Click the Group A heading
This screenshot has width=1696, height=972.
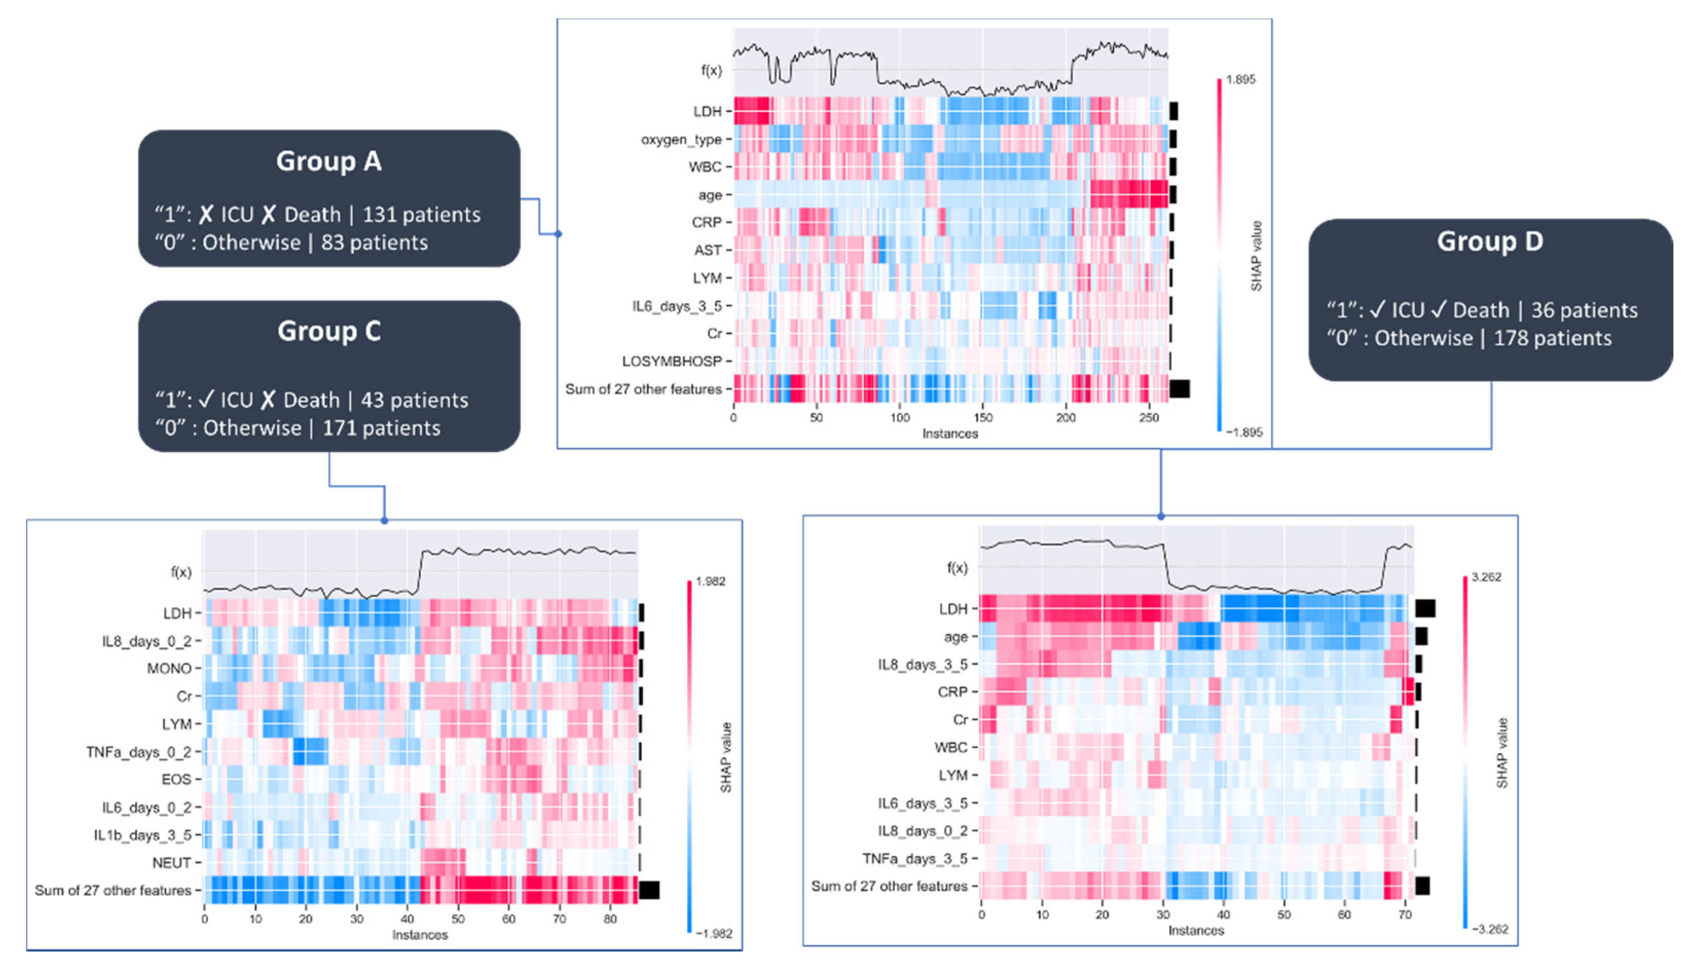(328, 161)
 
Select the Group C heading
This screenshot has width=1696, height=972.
(328, 332)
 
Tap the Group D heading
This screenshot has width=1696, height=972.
(1490, 241)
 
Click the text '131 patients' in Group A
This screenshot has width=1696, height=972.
(421, 215)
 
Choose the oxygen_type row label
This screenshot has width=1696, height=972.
(680, 140)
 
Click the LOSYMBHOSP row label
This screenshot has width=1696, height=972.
(672, 361)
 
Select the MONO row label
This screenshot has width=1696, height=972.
(169, 669)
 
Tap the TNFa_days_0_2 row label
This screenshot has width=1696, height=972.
(138, 752)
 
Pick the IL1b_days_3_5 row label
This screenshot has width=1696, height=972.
(142, 835)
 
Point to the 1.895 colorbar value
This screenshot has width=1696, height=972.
(1241, 80)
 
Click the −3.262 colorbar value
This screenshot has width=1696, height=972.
(1488, 929)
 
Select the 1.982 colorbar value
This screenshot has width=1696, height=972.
(710, 582)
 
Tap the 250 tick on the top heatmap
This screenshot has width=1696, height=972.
(1149, 418)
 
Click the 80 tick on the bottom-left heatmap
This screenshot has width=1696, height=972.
(610, 919)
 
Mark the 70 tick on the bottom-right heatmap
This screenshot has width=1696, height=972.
(1405, 914)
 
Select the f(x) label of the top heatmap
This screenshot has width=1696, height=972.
(711, 70)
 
